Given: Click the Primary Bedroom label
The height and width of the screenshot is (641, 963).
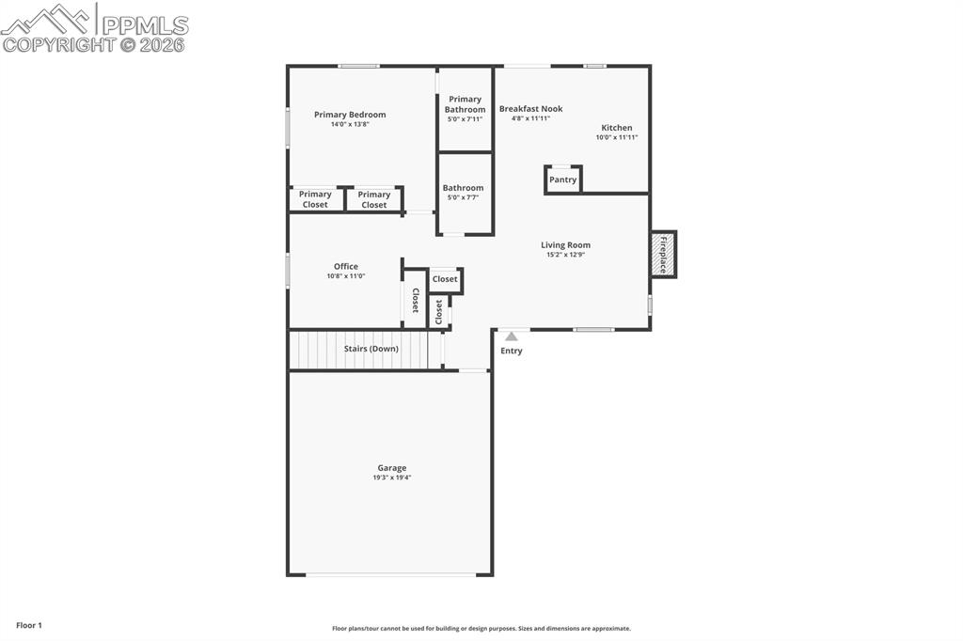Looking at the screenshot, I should tap(350, 115).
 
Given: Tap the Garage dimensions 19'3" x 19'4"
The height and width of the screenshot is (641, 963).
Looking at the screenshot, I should tap(392, 477).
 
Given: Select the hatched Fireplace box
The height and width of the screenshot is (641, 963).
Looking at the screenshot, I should tap(663, 254).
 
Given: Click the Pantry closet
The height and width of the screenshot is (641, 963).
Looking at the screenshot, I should tap(562, 180).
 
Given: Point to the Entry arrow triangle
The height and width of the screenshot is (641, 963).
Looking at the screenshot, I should tap(511, 336).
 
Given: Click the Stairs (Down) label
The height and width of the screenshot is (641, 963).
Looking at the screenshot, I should tap(371, 349).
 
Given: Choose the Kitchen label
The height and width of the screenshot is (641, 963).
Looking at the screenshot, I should tap(617, 128).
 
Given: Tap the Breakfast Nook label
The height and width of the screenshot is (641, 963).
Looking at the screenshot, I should tap(530, 109).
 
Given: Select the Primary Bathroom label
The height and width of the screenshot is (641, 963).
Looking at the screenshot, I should tap(465, 104).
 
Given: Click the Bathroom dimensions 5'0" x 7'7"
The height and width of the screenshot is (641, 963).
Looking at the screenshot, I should tap(463, 198).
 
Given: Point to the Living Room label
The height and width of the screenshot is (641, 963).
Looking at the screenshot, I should tap(565, 245).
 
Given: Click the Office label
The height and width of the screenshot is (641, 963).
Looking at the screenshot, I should tap(345, 267).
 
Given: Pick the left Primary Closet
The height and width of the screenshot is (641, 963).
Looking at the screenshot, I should tap(315, 199).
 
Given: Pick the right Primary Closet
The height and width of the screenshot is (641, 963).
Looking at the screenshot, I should tap(374, 199).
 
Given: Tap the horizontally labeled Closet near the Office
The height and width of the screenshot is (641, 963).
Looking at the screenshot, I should tap(445, 279).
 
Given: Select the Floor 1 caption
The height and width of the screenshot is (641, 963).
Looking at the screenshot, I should tap(29, 625).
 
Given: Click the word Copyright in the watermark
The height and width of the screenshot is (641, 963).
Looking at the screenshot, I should tap(58, 44).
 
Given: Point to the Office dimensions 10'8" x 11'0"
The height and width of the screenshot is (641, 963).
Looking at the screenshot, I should tap(345, 276).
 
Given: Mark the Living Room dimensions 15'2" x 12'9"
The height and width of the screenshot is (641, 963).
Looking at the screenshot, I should tap(565, 255).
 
